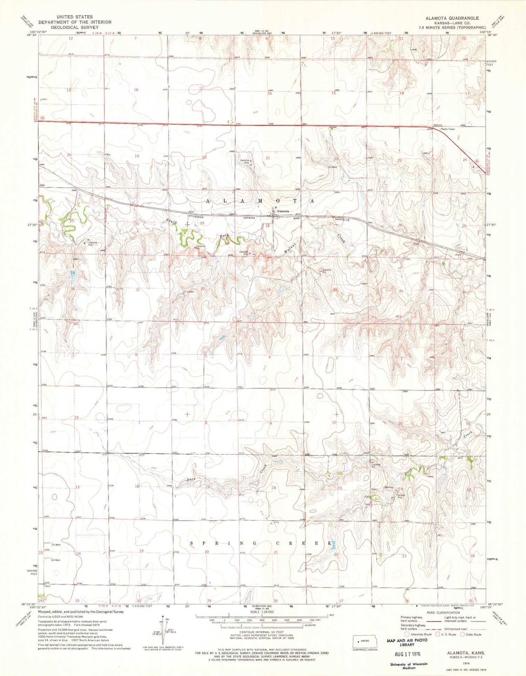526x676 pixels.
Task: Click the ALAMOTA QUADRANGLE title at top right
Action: click(452, 18)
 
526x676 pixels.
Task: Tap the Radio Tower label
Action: click(448, 129)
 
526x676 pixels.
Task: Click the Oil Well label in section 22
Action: click(332, 167)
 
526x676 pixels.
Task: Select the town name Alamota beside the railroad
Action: click(283, 211)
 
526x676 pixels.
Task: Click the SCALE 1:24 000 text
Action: click(262, 612)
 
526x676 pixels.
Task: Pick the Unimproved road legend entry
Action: click(456, 629)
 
